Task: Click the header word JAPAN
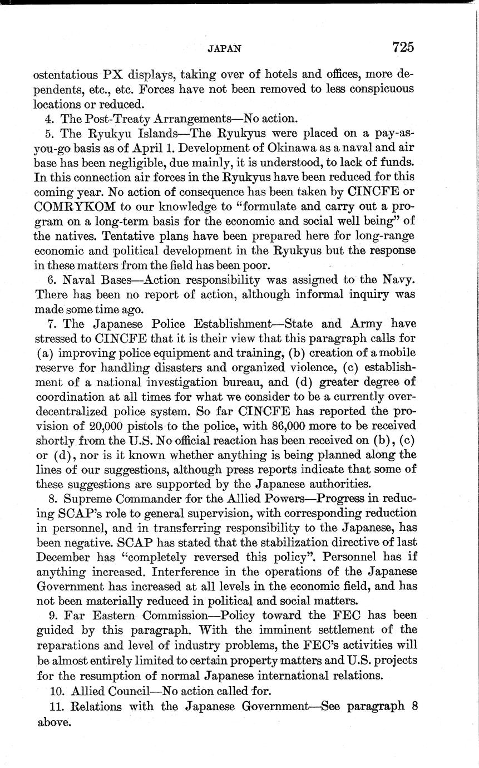pos(224,48)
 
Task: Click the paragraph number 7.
pos(51,324)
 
